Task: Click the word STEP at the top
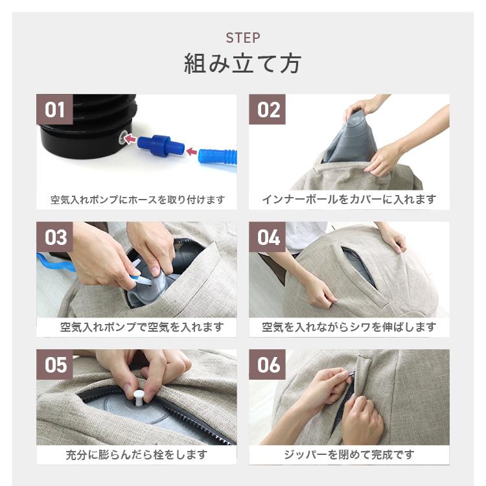243,38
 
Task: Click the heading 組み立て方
243,64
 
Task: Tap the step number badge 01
55,110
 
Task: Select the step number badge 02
268,110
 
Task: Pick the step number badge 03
55,237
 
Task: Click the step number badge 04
268,237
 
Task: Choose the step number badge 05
55,365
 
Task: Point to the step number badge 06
268,365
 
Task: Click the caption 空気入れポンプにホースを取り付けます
137,200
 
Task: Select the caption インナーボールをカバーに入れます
349,200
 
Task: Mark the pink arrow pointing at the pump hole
130,139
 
